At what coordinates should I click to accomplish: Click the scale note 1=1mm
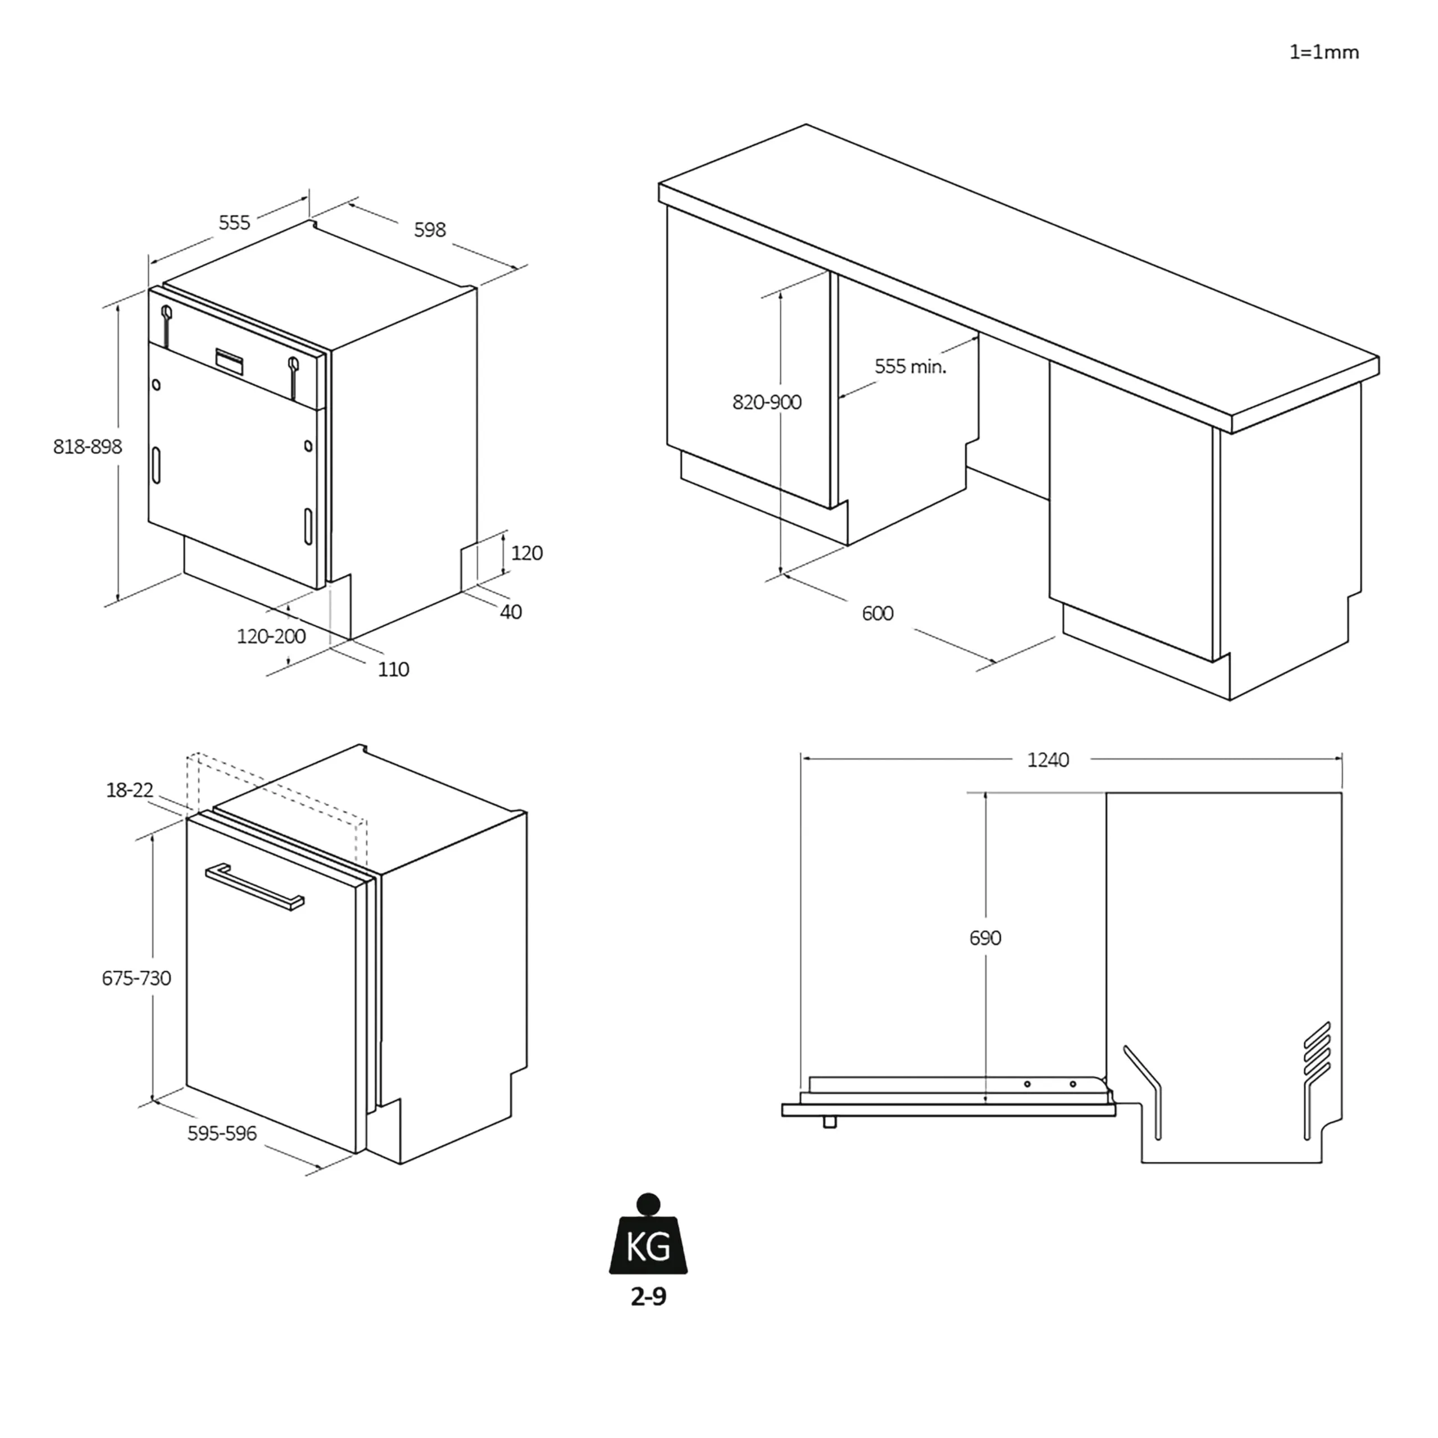[1323, 52]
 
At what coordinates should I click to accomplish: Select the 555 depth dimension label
[234, 222]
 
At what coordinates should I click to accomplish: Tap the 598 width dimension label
[430, 230]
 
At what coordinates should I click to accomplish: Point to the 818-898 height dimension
[87, 447]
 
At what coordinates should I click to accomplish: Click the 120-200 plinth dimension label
[271, 636]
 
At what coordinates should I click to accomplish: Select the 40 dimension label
[511, 612]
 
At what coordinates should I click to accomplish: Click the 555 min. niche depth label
[909, 366]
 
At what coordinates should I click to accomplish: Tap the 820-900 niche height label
[767, 403]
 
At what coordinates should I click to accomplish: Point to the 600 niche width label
[877, 613]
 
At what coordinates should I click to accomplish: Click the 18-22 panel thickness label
[130, 790]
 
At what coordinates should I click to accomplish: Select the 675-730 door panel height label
[136, 978]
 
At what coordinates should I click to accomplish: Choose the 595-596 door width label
[222, 1133]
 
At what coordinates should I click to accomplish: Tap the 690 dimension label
[985, 938]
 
